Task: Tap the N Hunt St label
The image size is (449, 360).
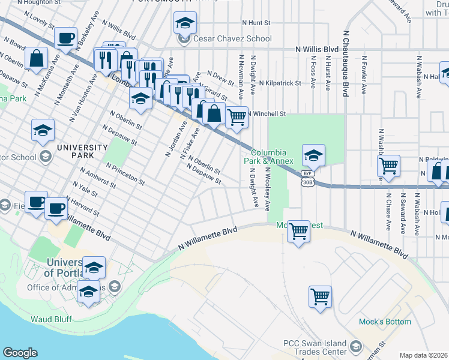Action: click(x=256, y=22)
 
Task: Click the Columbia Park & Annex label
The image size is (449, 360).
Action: click(x=272, y=157)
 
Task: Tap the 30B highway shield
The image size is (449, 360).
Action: click(x=308, y=181)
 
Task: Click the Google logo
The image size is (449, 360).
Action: click(x=20, y=353)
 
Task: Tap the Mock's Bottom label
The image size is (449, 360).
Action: click(x=385, y=322)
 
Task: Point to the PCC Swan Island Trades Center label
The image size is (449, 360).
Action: click(x=315, y=348)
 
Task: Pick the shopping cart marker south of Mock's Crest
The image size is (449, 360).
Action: click(x=298, y=230)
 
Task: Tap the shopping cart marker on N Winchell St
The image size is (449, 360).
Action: click(x=237, y=117)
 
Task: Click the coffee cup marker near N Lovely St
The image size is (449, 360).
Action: click(x=65, y=38)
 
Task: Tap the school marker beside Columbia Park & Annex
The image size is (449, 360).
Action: click(x=313, y=155)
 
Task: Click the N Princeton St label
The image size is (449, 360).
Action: click(x=125, y=173)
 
